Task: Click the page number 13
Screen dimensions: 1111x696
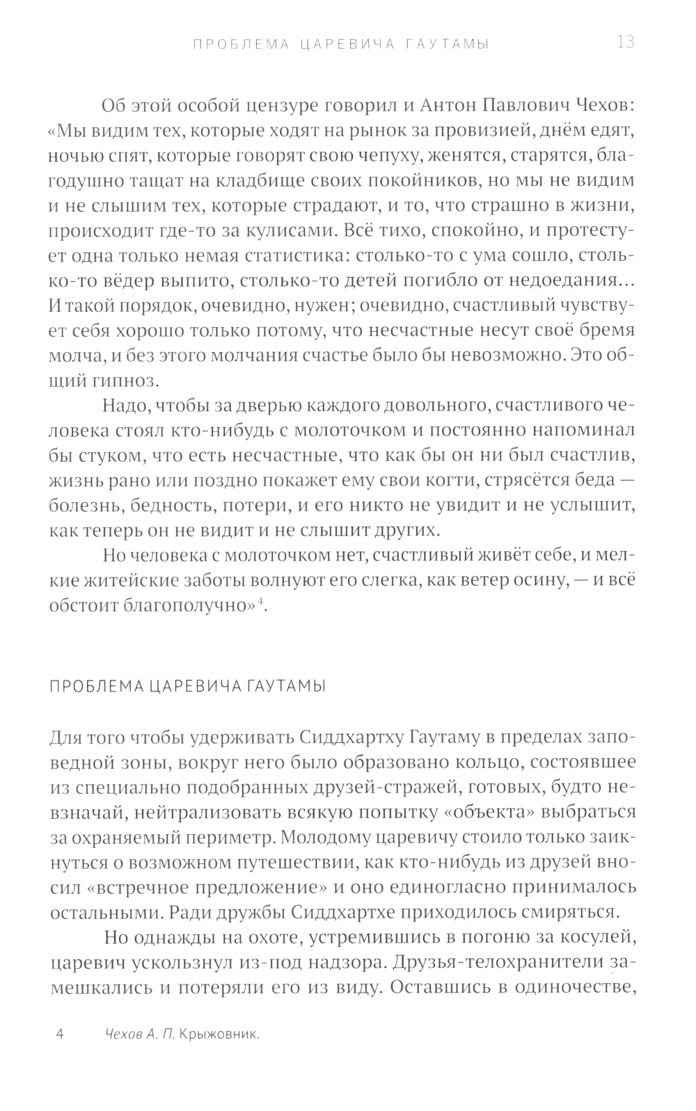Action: tap(625, 42)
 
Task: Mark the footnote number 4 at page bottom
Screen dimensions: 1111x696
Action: tap(59, 1034)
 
